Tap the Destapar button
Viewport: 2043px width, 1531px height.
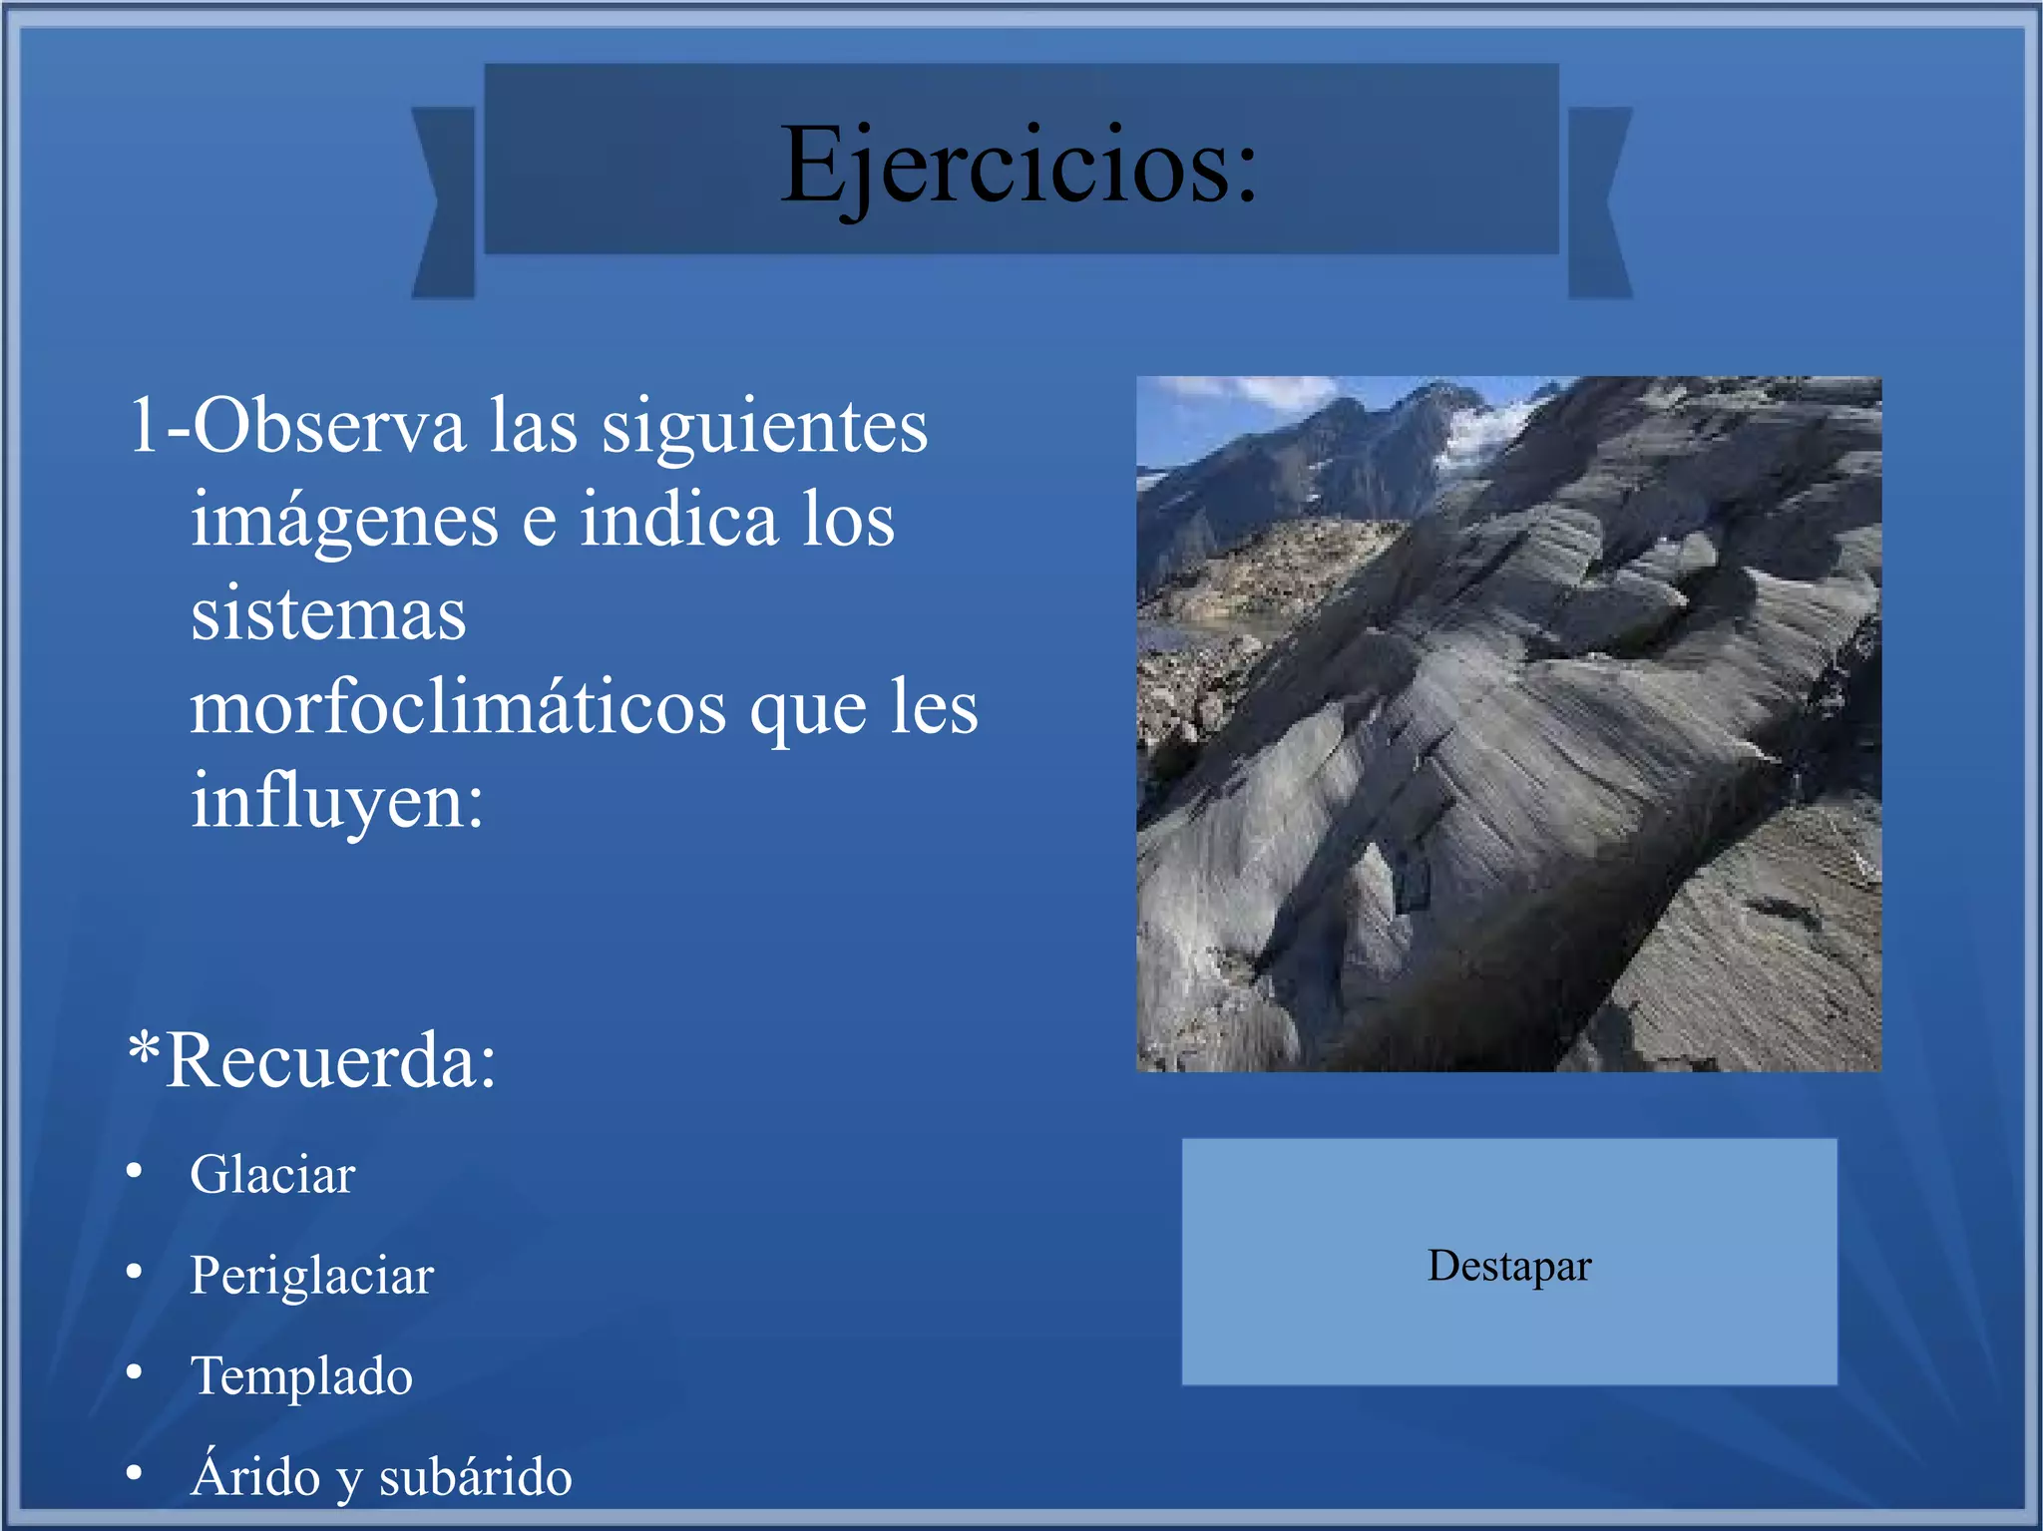(1508, 1265)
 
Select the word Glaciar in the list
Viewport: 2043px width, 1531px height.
(272, 1175)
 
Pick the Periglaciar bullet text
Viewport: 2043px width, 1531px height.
(311, 1276)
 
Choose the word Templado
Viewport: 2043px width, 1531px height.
(301, 1376)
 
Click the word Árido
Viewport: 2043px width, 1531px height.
(255, 1476)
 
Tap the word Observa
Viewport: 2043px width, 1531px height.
(329, 427)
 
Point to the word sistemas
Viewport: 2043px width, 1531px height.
(328, 614)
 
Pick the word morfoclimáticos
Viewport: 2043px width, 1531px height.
(459, 708)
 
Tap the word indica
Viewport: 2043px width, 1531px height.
(678, 520)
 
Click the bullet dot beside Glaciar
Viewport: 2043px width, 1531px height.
(135, 1171)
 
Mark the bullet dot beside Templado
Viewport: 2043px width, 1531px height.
(135, 1372)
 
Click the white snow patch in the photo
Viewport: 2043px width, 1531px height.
(1486, 429)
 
